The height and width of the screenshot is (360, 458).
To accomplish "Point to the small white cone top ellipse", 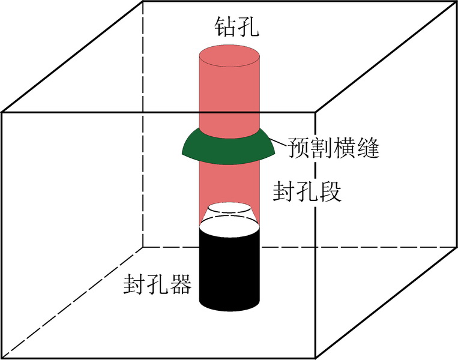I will (x=229, y=209).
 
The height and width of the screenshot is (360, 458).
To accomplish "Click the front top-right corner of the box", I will (x=317, y=112).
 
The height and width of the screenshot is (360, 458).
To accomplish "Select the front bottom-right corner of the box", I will (x=317, y=358).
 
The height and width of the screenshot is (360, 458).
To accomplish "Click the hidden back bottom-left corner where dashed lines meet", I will (x=143, y=247).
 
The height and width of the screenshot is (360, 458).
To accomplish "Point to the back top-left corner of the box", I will (x=143, y=2).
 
